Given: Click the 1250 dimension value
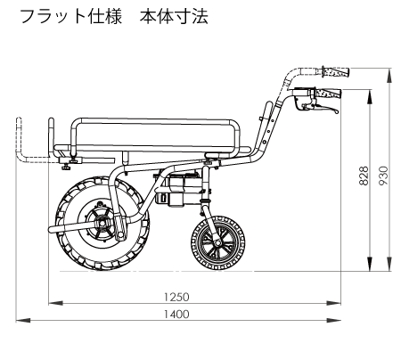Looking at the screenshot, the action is (176, 297).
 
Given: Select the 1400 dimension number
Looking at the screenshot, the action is (176, 314).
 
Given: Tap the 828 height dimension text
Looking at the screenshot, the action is (364, 176).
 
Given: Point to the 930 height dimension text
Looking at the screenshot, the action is (383, 176).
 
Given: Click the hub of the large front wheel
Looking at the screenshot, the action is (103, 222).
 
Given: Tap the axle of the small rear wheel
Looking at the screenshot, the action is (217, 243).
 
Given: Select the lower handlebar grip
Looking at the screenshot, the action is (328, 94).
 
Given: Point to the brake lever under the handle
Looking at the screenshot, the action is (323, 108).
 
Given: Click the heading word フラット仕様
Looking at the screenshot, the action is (71, 17).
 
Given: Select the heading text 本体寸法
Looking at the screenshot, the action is (174, 17).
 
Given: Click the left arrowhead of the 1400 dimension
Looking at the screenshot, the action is (23, 321).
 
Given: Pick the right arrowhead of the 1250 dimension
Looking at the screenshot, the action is (333, 303).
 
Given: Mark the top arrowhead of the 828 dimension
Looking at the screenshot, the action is (369, 96).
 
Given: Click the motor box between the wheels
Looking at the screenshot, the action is (176, 190).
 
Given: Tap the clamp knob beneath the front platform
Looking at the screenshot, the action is (66, 168).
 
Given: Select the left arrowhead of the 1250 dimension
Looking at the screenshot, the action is (56, 303).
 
